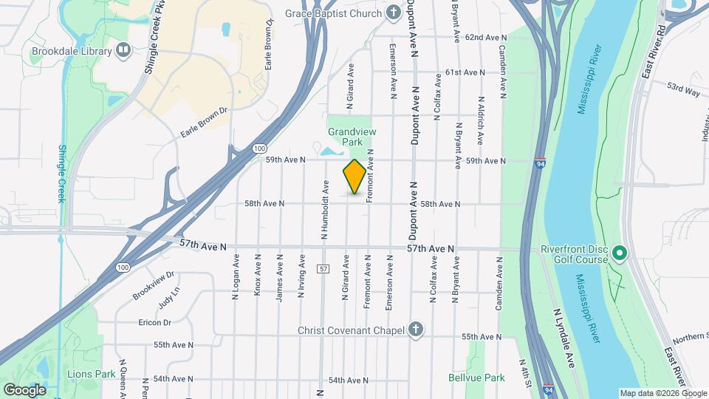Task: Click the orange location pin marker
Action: pyautogui.click(x=354, y=177)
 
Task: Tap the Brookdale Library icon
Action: pyautogui.click(x=123, y=51)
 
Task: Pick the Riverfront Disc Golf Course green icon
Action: pyautogui.click(x=620, y=253)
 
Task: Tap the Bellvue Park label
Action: pyautogui.click(x=476, y=378)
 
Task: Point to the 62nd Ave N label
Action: pyautogui.click(x=486, y=37)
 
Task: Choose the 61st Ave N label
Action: pyautogui.click(x=465, y=72)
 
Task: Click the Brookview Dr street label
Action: pyautogui.click(x=153, y=284)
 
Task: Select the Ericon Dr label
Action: pyautogui.click(x=154, y=322)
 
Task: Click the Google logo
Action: pyautogui.click(x=24, y=389)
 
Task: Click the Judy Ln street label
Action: pyautogui.click(x=168, y=300)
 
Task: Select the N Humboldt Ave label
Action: pyautogui.click(x=324, y=211)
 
